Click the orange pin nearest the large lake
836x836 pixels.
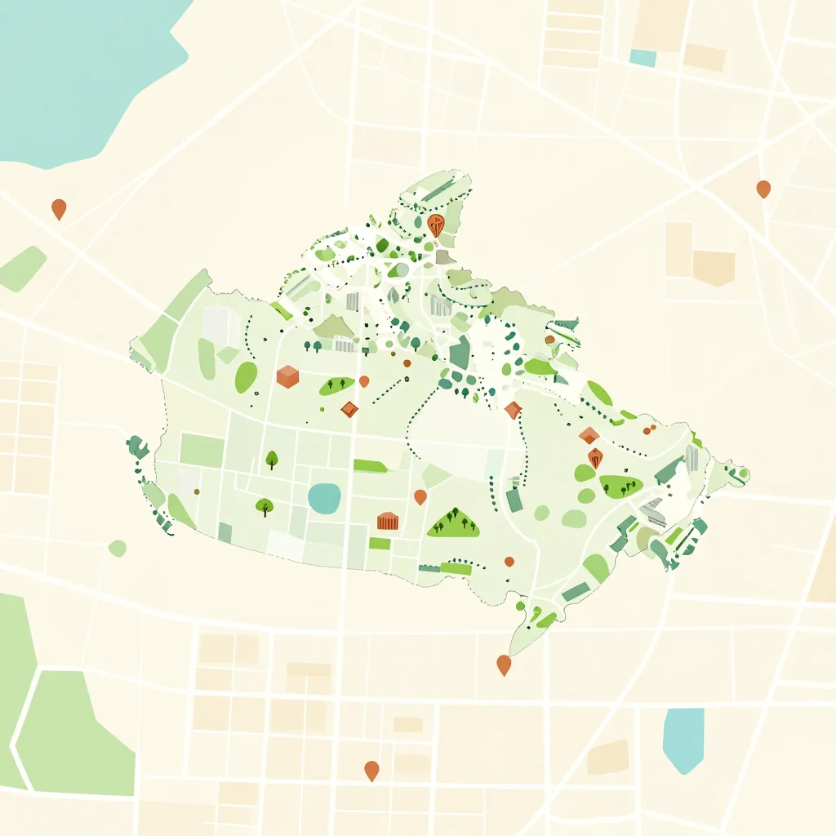59,208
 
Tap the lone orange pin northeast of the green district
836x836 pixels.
763,189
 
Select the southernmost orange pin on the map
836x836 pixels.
371,770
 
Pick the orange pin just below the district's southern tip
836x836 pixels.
504,665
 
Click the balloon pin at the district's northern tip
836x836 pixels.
436,225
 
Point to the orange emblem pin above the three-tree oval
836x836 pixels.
595,457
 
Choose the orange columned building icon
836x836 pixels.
387,520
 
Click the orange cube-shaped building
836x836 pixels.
287,376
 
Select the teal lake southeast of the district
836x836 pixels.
683,739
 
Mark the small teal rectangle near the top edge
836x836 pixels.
643,58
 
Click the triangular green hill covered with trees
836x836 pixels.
454,522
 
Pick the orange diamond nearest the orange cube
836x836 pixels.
349,409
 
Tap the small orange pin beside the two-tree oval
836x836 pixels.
364,380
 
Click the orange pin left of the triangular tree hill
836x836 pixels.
420,496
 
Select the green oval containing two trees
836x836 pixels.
336,385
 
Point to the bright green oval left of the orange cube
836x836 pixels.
246,377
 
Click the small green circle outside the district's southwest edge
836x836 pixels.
117,548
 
